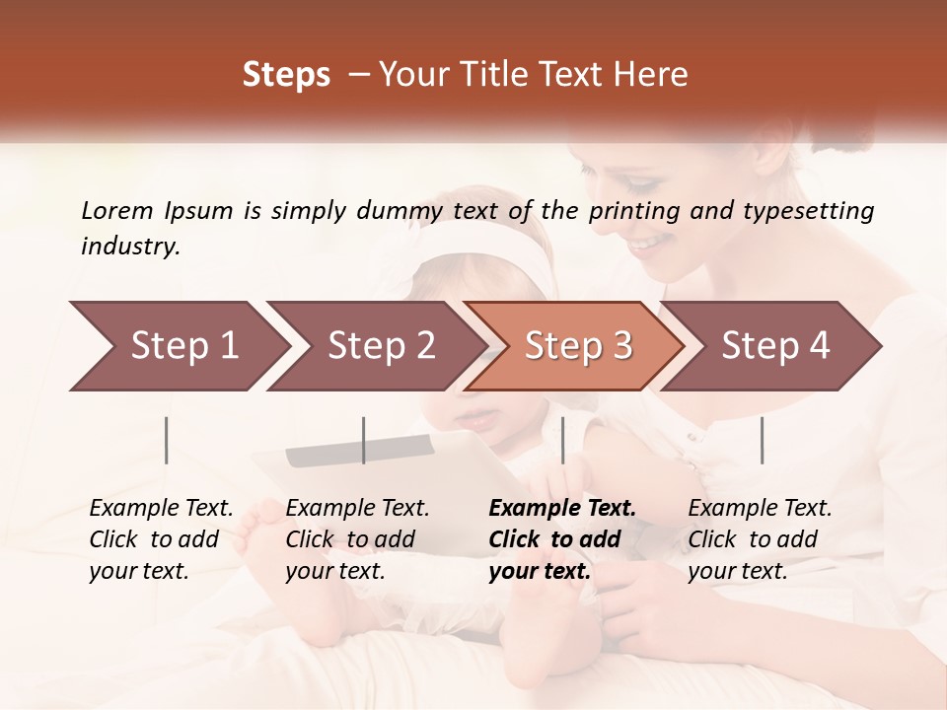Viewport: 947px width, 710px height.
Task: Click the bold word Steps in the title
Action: point(286,74)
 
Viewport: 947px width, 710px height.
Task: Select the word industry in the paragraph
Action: point(129,247)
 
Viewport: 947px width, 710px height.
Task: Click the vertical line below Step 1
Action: point(167,440)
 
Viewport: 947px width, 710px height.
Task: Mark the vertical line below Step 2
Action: point(364,440)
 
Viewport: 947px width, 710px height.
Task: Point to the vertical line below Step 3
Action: point(563,440)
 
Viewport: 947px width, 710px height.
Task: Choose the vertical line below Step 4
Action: point(763,440)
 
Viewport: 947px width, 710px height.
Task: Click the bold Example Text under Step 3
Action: point(562,509)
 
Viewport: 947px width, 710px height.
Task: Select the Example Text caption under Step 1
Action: point(161,509)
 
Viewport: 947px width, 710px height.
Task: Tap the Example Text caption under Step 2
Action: point(357,509)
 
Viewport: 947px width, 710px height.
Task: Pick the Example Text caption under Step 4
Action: point(760,509)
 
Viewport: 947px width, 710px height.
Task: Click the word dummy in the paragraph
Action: point(407,210)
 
